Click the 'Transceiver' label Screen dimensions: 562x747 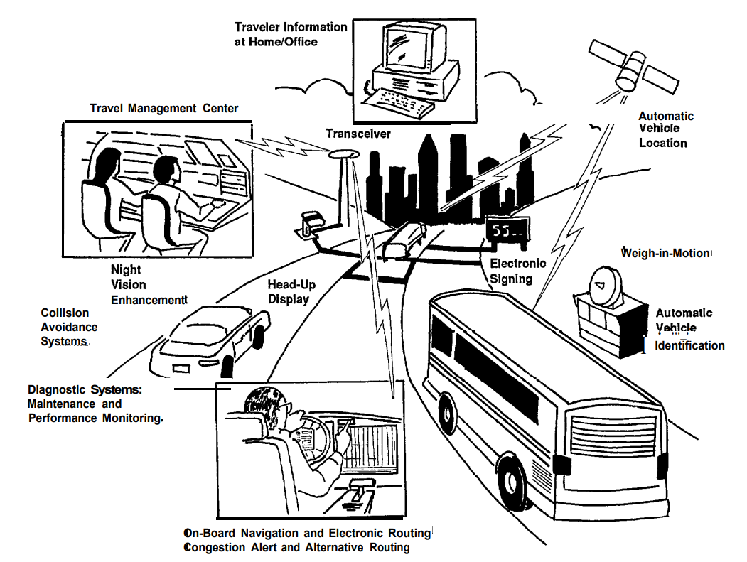[x=358, y=134]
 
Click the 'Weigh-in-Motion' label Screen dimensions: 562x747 [x=665, y=253]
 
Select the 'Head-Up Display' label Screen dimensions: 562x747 [x=291, y=291]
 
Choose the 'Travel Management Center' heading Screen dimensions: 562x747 [x=164, y=108]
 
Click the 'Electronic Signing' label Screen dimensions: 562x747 [x=517, y=271]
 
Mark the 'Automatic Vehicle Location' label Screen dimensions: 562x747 [x=665, y=129]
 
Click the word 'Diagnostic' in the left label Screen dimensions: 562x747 [x=58, y=390]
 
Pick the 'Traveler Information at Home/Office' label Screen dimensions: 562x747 [x=291, y=34]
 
